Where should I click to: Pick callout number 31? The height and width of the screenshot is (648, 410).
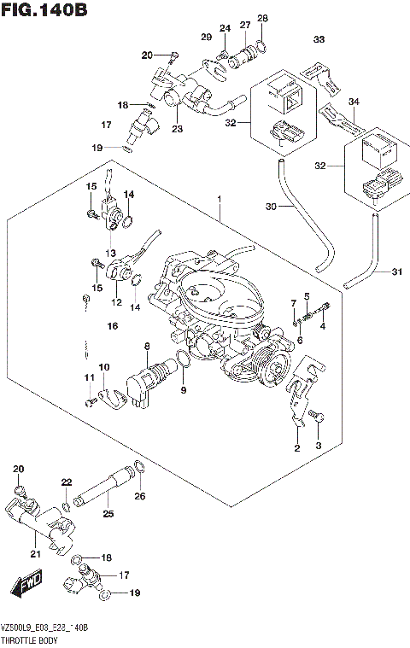pos(395,272)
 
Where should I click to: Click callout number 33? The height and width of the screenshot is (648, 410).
pos(319,39)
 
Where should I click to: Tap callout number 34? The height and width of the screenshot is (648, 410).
pos(353,102)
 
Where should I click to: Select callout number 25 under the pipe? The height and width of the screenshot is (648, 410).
pos(108,513)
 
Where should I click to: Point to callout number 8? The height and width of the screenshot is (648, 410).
pos(147,347)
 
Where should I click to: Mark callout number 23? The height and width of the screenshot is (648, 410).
pos(177,130)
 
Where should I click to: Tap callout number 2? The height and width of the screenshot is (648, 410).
pos(297,448)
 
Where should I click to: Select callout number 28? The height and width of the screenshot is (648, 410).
pos(262,18)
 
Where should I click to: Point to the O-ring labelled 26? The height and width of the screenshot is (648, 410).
pos(140,467)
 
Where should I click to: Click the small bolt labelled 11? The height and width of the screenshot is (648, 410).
pos(89,399)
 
